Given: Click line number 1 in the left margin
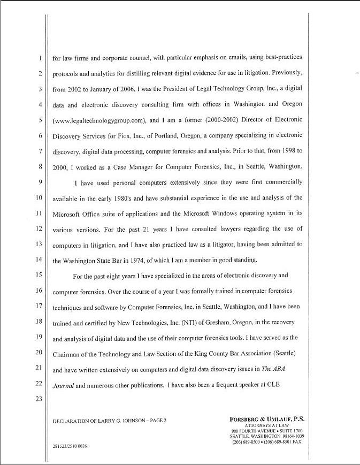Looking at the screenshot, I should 40,58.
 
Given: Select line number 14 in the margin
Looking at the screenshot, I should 39,261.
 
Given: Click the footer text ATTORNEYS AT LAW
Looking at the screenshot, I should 266,426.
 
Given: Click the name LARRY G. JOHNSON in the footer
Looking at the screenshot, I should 118,421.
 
